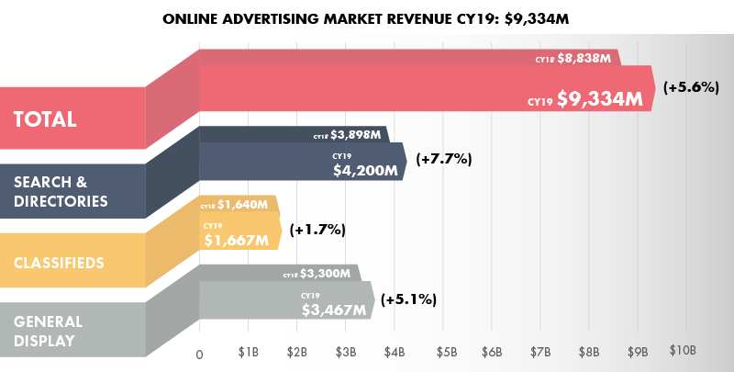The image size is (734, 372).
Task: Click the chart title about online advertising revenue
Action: (x=367, y=18)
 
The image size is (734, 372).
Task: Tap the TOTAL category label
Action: (x=44, y=119)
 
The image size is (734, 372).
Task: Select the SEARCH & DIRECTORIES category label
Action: (x=61, y=191)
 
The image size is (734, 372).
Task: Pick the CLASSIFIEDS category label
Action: (x=60, y=264)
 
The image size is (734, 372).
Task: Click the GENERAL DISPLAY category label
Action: (x=49, y=332)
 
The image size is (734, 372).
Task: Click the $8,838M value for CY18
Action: (x=587, y=59)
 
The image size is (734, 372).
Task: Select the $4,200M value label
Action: (x=364, y=170)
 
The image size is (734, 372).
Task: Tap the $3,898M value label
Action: (x=356, y=134)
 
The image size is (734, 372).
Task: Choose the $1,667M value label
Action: (x=236, y=241)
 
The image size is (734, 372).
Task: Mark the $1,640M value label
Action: (x=241, y=204)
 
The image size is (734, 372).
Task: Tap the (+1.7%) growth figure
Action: (x=317, y=230)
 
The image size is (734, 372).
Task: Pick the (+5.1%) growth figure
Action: (x=408, y=299)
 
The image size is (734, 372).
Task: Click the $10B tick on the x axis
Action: (x=684, y=352)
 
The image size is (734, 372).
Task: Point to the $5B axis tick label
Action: (x=446, y=352)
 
